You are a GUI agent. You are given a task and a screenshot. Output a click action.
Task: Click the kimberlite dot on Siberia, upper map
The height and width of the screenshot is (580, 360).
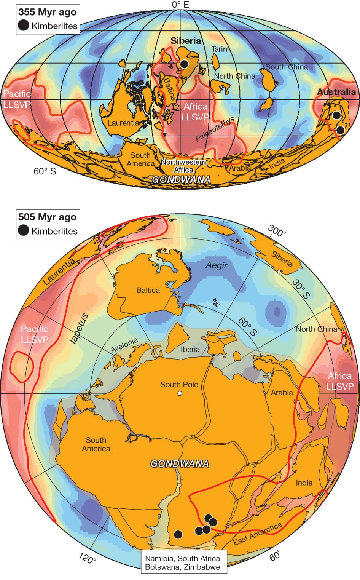184,64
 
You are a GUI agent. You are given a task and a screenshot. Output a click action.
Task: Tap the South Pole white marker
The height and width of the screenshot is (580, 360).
180,393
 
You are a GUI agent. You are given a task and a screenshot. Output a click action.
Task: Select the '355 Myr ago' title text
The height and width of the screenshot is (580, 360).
48,12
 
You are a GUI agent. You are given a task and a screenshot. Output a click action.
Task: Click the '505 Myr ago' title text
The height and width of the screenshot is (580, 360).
48,217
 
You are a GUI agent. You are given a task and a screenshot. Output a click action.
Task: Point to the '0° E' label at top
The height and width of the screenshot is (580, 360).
180,5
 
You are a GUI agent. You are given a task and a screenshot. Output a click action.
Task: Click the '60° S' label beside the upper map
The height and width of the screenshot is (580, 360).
45,171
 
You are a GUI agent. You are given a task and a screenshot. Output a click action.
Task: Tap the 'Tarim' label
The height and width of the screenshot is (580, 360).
221,49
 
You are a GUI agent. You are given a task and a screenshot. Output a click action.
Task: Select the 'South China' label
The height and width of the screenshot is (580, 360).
287,67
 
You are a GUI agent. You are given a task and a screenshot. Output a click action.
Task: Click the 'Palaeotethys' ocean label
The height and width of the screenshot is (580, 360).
215,129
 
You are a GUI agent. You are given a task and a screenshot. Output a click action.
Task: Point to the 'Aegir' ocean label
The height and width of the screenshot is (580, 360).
217,265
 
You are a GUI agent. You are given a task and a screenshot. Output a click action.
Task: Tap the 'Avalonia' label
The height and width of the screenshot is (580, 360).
124,345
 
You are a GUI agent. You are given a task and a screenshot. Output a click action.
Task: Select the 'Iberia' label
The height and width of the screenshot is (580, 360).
190,350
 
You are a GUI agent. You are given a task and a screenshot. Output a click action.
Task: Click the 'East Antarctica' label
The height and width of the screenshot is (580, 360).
258,534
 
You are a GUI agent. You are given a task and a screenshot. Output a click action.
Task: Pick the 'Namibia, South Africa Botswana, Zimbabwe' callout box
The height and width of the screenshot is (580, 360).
183,562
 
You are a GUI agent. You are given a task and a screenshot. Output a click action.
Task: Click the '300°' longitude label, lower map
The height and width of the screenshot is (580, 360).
277,231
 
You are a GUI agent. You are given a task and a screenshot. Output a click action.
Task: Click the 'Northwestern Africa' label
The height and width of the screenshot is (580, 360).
183,166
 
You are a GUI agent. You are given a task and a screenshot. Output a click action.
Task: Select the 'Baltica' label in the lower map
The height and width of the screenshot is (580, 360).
148,290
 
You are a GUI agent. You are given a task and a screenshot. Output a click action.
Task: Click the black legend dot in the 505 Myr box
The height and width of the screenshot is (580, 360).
24,230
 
